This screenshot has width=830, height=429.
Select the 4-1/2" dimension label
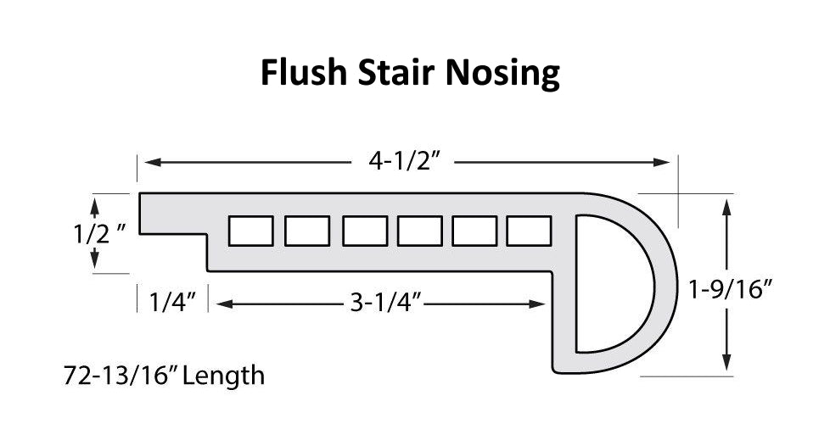[x=406, y=161]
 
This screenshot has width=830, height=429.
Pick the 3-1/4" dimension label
[x=386, y=303]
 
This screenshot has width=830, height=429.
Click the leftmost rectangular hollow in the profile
[x=251, y=231]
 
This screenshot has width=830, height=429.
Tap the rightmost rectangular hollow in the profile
[x=529, y=231]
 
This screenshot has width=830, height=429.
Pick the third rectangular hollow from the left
[x=365, y=231]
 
